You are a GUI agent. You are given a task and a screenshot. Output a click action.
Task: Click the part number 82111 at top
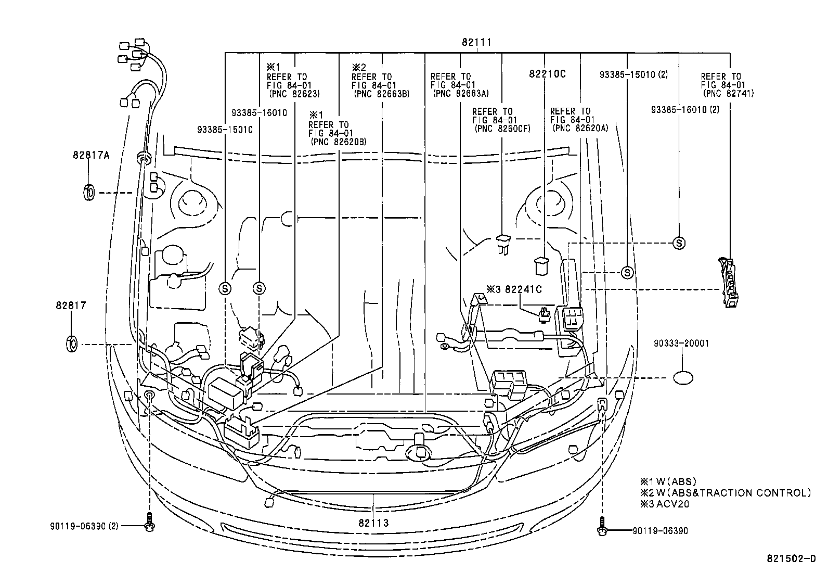[x=476, y=42]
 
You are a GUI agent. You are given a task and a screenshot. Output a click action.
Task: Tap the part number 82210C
[x=547, y=74]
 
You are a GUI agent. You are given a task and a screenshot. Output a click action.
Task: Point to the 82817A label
[x=90, y=155]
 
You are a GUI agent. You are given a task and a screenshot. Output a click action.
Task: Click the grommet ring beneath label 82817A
[x=89, y=192]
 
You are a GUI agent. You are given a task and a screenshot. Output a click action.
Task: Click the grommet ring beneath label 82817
[x=72, y=345]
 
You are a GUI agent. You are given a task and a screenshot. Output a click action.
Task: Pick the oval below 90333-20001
[x=683, y=378]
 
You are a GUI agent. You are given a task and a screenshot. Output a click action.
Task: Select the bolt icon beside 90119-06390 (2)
[x=150, y=523]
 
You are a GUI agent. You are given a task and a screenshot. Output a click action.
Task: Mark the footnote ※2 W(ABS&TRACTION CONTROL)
[x=725, y=493]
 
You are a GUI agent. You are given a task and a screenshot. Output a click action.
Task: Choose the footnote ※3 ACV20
[x=665, y=504]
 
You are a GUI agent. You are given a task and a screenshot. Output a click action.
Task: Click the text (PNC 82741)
[x=727, y=94]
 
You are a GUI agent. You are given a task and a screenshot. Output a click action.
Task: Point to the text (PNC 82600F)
[x=501, y=129]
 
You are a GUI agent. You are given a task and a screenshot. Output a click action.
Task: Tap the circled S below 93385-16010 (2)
[x=679, y=243]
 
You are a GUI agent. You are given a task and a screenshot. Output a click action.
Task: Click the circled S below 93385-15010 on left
[x=225, y=288]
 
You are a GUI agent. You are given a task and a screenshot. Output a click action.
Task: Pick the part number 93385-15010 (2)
[x=633, y=74]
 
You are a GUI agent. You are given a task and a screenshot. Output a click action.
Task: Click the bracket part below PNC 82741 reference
[x=728, y=283]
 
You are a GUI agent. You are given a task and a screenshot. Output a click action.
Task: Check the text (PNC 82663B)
[x=381, y=94]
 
